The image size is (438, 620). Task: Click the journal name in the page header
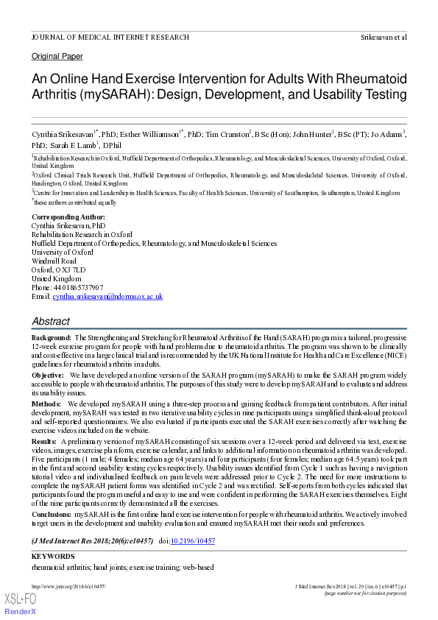(x=110, y=37)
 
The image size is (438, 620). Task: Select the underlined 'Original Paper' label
(x=57, y=57)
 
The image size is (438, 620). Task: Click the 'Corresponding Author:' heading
(x=68, y=217)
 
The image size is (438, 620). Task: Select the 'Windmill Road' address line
(x=54, y=261)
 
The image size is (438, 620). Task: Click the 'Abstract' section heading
(x=51, y=322)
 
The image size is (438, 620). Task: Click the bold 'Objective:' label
(x=48, y=375)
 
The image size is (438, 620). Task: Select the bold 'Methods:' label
(x=46, y=404)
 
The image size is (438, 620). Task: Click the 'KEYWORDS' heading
(x=53, y=557)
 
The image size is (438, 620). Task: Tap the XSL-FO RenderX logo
(x=21, y=602)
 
